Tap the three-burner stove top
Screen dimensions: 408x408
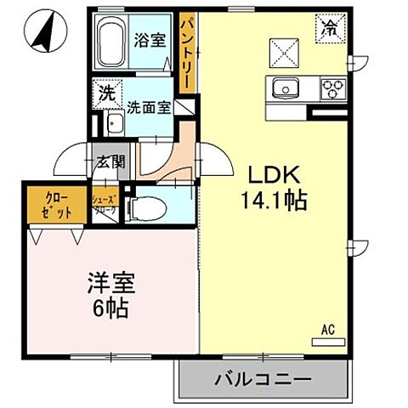(331, 87)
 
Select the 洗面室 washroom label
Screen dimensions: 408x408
(149, 108)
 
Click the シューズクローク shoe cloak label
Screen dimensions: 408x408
(105, 205)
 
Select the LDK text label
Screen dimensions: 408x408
(272, 173)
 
